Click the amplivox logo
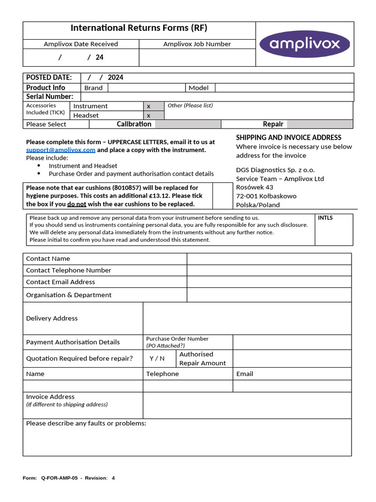coord(304,44)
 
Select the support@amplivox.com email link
coord(61,150)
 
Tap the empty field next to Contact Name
coord(269,259)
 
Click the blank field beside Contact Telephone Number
coord(269,271)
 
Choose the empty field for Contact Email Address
coord(269,282)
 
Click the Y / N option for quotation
coord(157,358)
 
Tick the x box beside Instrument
coord(153,106)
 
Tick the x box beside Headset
coord(153,116)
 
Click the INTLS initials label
coord(326,218)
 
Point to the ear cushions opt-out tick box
coord(223,196)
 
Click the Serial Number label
coord(49,97)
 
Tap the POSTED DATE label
coord(48,77)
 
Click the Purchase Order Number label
coord(177,339)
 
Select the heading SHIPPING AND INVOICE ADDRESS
coord(288,138)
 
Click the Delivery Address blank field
coord(247,319)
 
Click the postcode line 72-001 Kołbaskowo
coord(266,196)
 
